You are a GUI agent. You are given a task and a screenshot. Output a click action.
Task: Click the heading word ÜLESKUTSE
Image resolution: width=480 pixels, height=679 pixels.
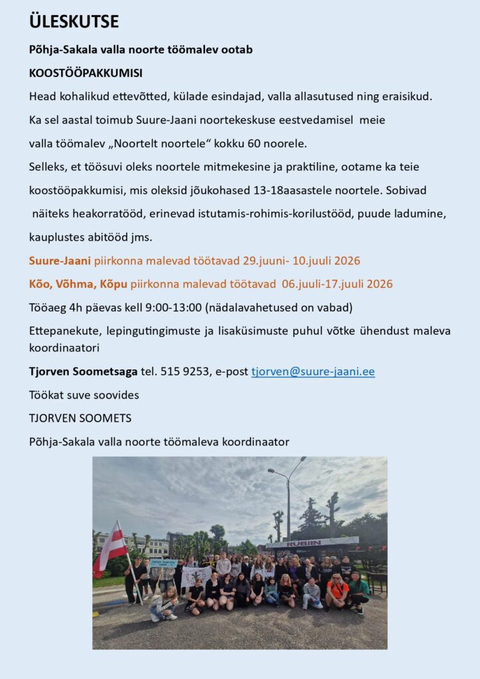[74, 22]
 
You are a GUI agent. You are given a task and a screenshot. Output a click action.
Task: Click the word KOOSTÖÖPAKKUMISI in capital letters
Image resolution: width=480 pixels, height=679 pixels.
[86, 73]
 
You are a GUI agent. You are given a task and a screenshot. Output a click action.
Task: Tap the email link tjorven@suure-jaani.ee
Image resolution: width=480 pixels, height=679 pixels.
[313, 372]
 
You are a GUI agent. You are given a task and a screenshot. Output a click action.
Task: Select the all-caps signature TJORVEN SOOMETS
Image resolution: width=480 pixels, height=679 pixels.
[80, 418]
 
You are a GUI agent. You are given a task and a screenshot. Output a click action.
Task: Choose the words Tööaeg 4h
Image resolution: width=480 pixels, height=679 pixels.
[52, 307]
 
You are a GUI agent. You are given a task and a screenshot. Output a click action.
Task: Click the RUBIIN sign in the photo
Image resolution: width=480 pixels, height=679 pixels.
[304, 543]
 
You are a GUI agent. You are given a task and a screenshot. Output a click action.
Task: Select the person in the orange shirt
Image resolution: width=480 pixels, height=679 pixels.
[336, 587]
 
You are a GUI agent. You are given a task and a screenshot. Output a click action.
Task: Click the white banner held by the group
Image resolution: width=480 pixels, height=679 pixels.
[196, 575]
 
